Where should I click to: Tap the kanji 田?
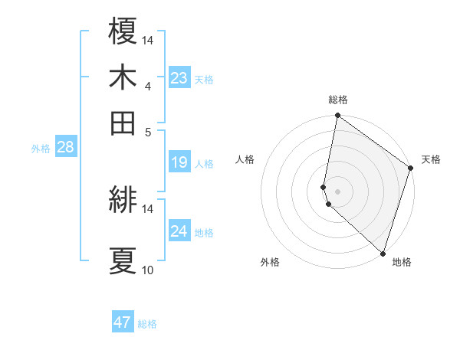click(x=123, y=123)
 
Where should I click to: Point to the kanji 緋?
click(x=123, y=201)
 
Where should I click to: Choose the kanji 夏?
click(x=123, y=260)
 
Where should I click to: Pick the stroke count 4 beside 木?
click(x=148, y=86)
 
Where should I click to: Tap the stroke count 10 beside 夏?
click(x=148, y=270)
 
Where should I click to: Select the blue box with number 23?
click(x=179, y=77)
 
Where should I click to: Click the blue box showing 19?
click(x=179, y=162)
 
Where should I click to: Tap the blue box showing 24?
click(x=179, y=231)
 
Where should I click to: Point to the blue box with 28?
click(x=65, y=148)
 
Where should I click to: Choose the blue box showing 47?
click(x=123, y=322)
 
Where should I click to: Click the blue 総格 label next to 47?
click(x=147, y=324)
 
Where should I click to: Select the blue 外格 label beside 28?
click(x=40, y=149)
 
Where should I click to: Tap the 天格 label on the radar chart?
click(x=431, y=159)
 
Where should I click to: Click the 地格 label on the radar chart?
click(x=402, y=262)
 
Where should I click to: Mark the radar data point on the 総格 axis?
click(x=337, y=116)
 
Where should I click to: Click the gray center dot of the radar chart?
click(x=337, y=191)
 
